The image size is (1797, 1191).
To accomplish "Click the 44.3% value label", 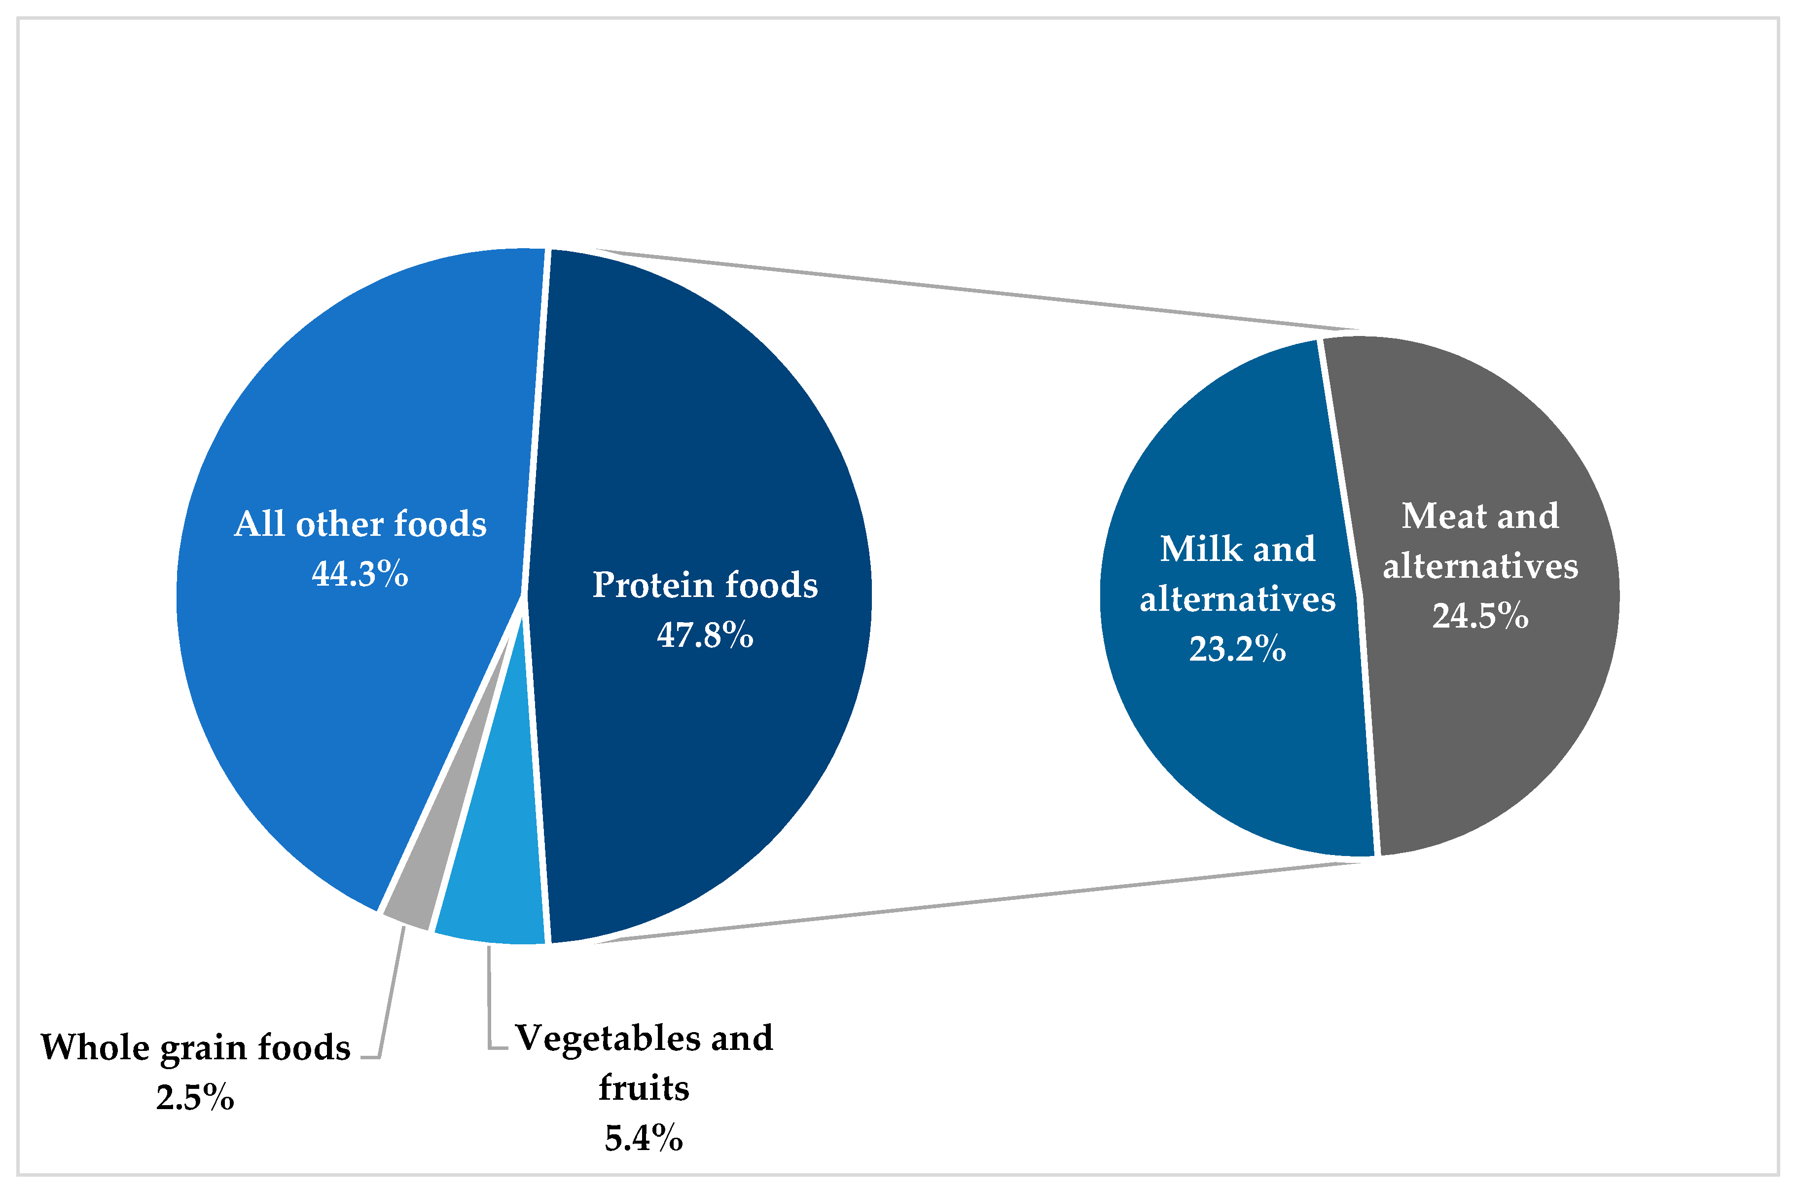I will point(360,573).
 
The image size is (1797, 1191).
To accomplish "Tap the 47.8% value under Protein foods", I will point(705,634).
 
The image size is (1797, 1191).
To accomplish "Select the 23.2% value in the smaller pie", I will point(1237,649).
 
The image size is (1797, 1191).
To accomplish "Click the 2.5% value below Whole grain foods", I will point(195,1098).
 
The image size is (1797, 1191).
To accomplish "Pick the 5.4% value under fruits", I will point(643,1138).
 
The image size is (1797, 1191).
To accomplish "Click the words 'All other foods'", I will point(360,524).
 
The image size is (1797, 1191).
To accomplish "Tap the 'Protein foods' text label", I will point(705,585).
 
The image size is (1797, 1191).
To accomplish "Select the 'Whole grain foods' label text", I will point(195,1047).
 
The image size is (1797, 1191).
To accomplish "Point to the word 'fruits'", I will point(643,1088).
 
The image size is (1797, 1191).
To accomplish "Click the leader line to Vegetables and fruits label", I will point(489,1003).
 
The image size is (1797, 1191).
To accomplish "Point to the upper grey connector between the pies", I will point(949,291).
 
